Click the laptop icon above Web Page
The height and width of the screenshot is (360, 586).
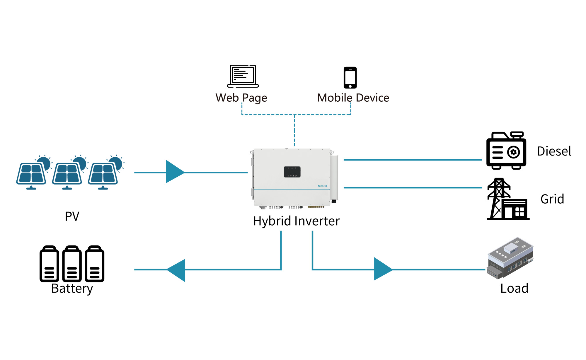tap(243, 76)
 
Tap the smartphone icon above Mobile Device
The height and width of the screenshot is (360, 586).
tap(350, 78)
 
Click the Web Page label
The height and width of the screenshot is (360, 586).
tap(241, 98)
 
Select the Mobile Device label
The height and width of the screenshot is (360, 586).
tap(353, 98)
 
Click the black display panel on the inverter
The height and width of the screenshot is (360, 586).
tap(292, 172)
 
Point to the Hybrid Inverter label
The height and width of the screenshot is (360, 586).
tap(296, 221)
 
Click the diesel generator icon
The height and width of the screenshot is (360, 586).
tap(506, 151)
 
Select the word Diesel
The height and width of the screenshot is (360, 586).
tap(554, 151)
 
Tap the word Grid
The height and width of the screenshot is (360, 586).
tap(552, 199)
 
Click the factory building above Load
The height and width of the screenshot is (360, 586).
tap(510, 258)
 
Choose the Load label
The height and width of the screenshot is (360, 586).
tap(514, 289)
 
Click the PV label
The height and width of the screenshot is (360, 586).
tap(72, 216)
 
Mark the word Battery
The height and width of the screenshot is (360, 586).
tap(72, 289)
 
